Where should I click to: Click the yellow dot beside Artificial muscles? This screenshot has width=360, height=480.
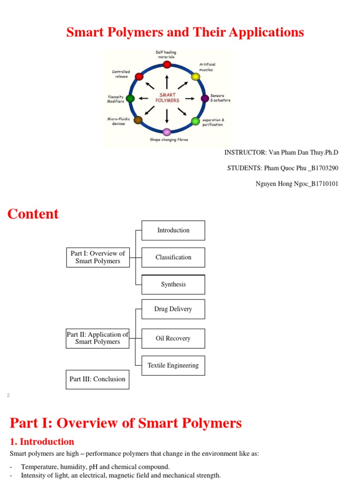click(x=195, y=76)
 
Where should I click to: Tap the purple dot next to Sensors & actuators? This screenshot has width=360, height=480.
click(x=205, y=98)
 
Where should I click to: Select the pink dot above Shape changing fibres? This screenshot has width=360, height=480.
click(x=167, y=132)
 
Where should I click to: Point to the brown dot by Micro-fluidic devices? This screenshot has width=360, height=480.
click(x=138, y=120)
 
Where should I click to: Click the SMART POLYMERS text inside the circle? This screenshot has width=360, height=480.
click(x=167, y=97)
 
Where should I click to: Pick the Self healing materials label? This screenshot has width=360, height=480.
click(x=166, y=54)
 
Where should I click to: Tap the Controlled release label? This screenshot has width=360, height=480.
click(x=121, y=74)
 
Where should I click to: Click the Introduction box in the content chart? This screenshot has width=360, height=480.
click(x=173, y=230)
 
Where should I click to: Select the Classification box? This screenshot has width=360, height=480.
click(x=173, y=257)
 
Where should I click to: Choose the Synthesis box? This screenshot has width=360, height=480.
click(x=173, y=285)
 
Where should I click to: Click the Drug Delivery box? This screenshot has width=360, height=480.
click(x=173, y=309)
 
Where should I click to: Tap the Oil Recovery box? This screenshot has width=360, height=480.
click(x=173, y=338)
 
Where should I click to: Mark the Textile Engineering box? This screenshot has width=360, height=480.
click(x=173, y=366)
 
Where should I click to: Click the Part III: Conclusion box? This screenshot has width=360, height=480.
click(x=97, y=379)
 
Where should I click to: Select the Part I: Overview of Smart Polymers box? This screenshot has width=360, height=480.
click(x=97, y=257)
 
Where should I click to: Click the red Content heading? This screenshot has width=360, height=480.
click(x=33, y=214)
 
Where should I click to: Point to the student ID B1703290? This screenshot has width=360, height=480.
click(x=323, y=168)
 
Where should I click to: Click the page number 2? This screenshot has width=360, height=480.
click(x=8, y=396)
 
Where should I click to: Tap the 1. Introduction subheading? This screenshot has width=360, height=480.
click(x=42, y=442)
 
